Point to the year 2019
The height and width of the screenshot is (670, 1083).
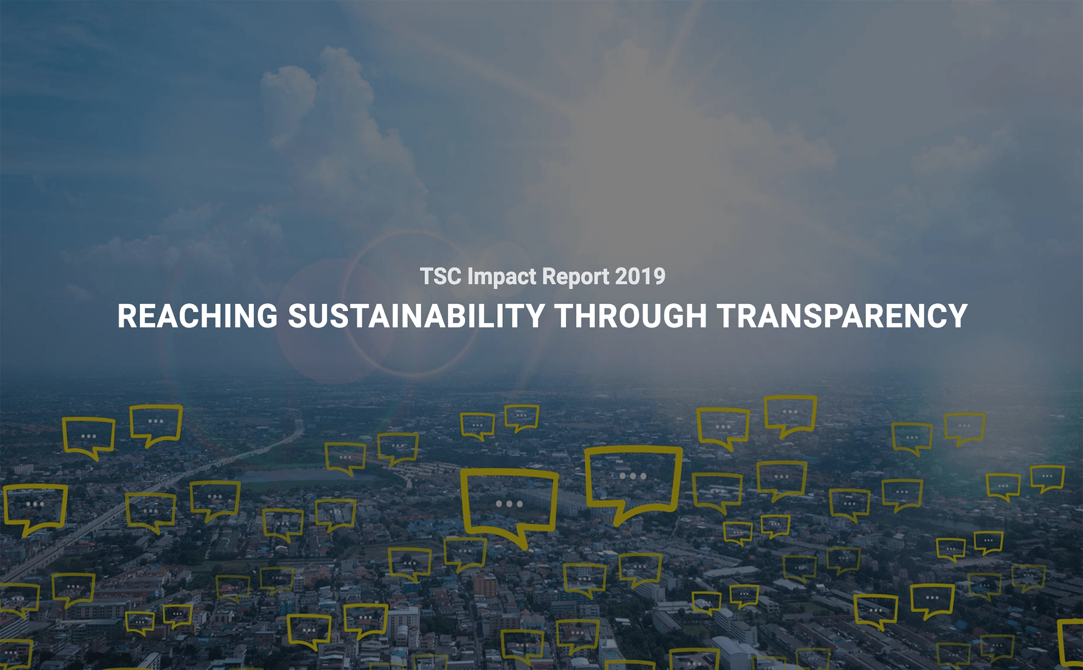(x=640, y=276)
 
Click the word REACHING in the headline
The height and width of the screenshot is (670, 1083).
(x=198, y=315)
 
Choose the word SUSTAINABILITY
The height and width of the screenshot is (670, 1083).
(x=416, y=315)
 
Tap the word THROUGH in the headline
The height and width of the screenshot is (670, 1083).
(x=631, y=315)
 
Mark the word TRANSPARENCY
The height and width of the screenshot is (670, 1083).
(x=842, y=315)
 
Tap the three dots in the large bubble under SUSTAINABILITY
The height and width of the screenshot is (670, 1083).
(x=509, y=504)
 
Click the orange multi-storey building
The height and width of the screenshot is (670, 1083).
(x=485, y=585)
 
